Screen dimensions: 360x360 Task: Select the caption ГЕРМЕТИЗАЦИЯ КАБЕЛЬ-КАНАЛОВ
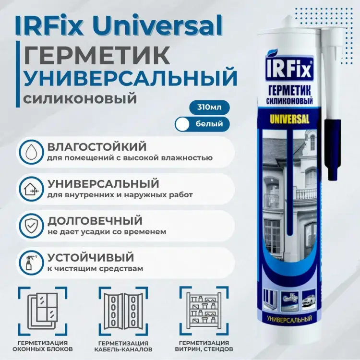(x=122, y=346)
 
